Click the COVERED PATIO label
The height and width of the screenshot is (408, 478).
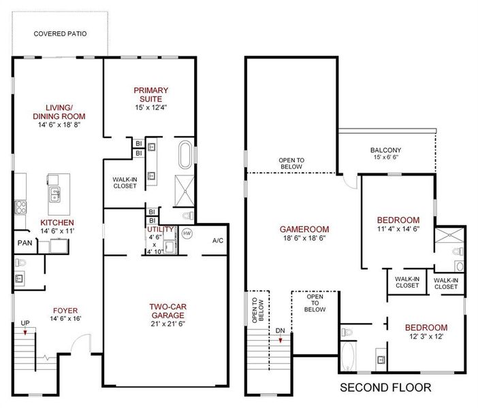click(x=61, y=33)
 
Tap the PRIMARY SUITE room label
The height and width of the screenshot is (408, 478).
click(x=151, y=95)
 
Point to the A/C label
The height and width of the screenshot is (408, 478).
click(x=218, y=241)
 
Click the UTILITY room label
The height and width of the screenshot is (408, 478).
click(x=161, y=229)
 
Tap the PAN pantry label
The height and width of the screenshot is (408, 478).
click(x=25, y=243)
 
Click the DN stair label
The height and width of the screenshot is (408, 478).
click(x=281, y=330)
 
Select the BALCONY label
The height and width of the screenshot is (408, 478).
click(x=385, y=150)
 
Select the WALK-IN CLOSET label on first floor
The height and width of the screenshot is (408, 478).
click(x=125, y=183)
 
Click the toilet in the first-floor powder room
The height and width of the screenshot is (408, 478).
click(x=20, y=262)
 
